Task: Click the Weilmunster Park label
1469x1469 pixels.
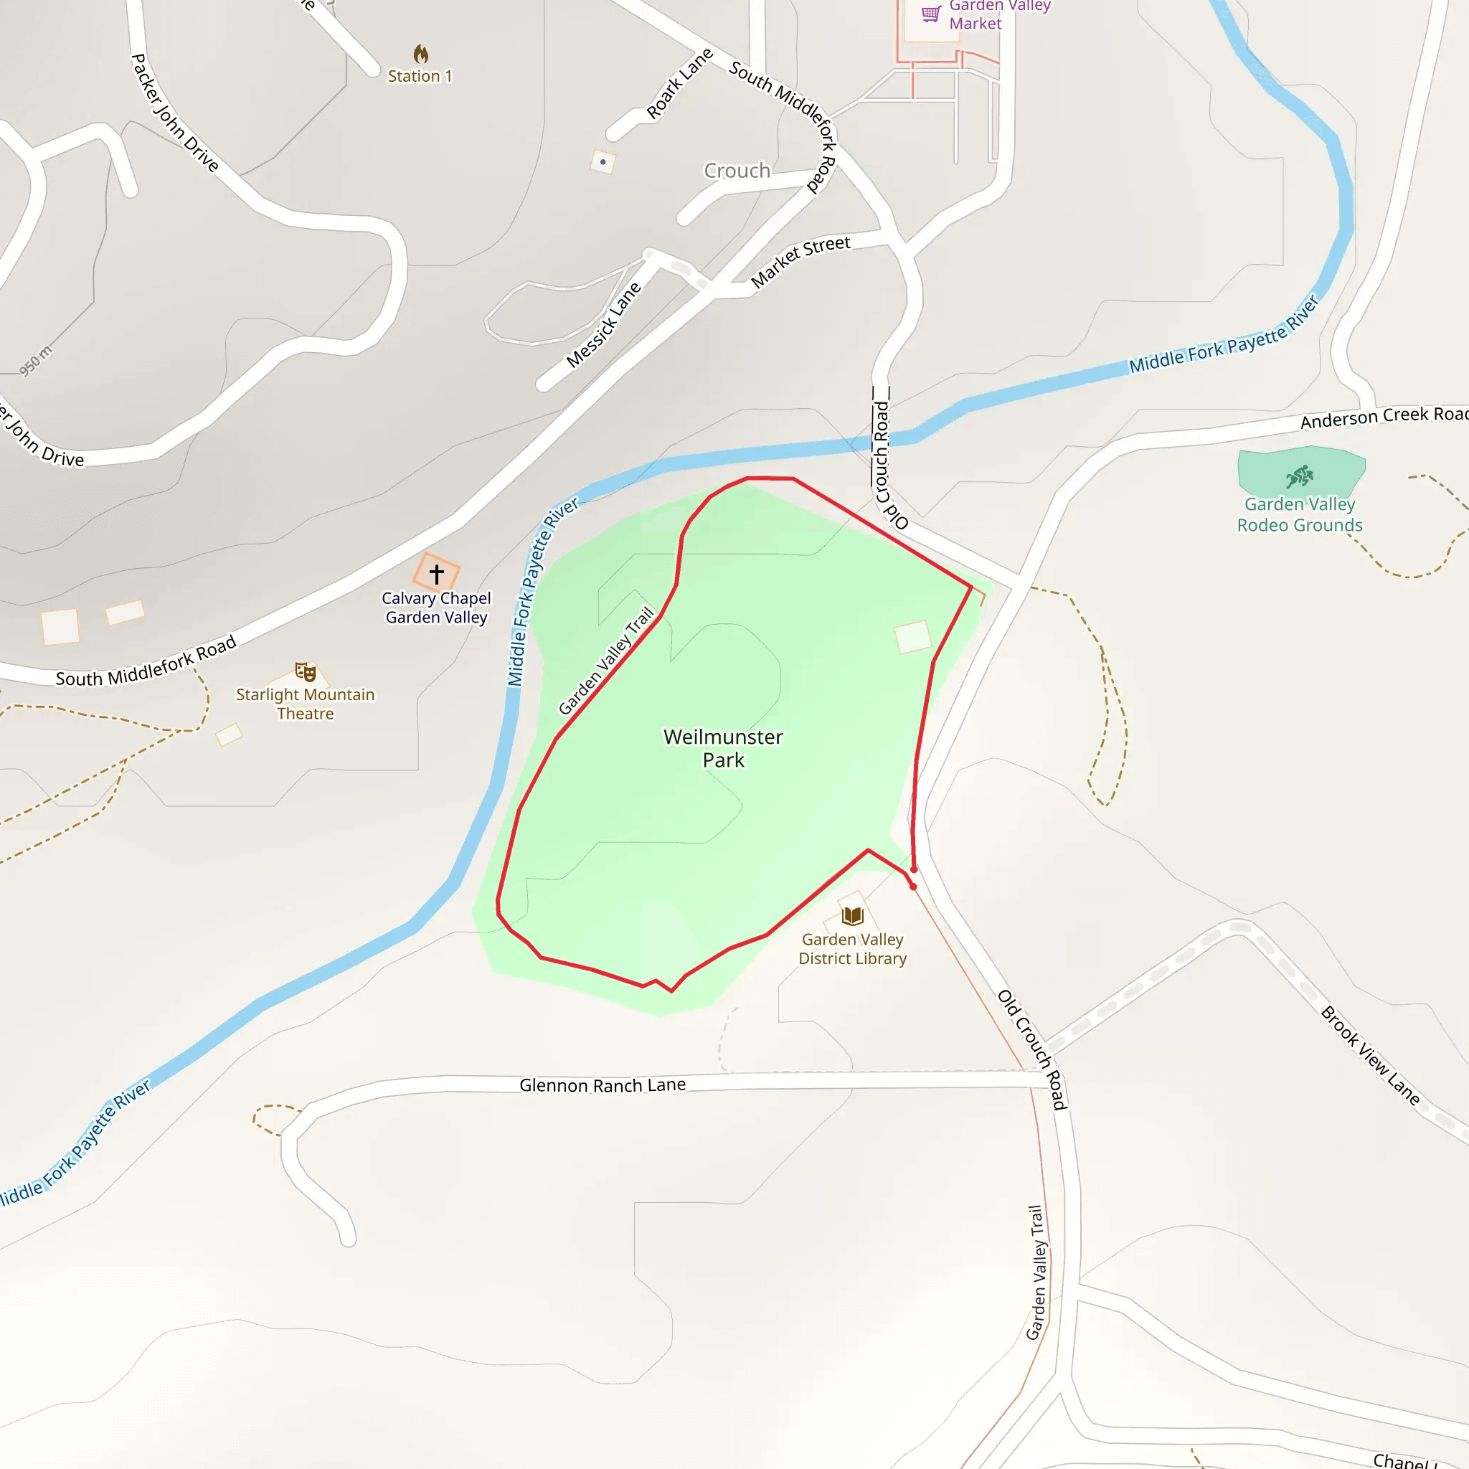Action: (x=723, y=748)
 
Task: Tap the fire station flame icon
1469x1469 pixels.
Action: (x=420, y=54)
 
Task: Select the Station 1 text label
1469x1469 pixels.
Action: (x=420, y=76)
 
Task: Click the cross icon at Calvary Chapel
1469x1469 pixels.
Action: (x=436, y=574)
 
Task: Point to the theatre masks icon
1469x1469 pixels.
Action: (x=305, y=671)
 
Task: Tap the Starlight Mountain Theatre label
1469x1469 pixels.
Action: (x=305, y=704)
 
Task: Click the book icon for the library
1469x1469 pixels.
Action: (x=852, y=915)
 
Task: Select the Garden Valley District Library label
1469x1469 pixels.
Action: (x=852, y=949)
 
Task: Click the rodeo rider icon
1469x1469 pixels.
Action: (x=1300, y=476)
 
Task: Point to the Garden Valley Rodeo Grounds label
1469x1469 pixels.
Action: (x=1300, y=515)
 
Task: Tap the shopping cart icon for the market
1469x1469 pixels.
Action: (x=930, y=14)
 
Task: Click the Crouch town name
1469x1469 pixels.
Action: (x=737, y=170)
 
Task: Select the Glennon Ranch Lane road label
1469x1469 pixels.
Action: (x=603, y=1085)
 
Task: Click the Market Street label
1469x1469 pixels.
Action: (x=800, y=261)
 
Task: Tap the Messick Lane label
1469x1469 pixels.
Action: (x=604, y=326)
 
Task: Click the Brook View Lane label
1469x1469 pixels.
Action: (x=1370, y=1055)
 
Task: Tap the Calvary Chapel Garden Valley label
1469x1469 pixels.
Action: (x=436, y=608)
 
